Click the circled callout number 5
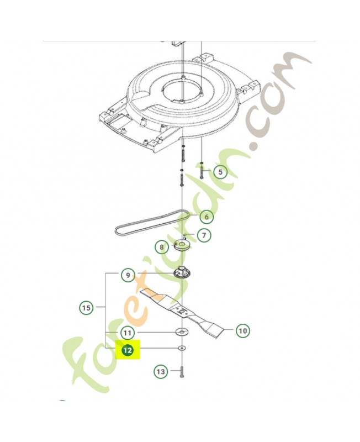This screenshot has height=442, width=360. [220, 172]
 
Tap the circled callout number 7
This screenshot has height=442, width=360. [204, 235]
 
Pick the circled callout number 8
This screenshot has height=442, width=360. [162, 248]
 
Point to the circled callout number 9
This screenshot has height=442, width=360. [128, 275]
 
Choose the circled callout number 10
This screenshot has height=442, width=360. [242, 330]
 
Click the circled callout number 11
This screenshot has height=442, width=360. [128, 333]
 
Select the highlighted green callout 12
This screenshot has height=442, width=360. [128, 350]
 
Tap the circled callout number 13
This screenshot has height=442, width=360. [161, 372]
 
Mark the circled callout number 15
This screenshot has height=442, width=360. [86, 307]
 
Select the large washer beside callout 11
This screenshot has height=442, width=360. [181, 333]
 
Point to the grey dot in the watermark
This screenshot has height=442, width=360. [255, 146]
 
